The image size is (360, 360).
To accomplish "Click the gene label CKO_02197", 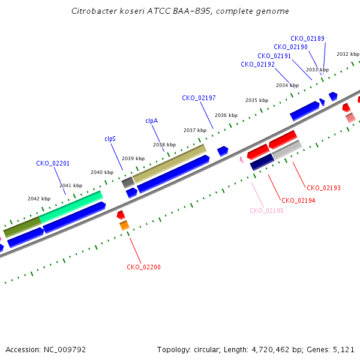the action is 199,98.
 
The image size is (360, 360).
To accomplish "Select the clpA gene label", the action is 152,121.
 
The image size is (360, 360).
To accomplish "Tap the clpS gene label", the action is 110,139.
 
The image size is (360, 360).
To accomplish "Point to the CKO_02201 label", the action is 53,163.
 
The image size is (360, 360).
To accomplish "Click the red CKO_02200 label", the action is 144,267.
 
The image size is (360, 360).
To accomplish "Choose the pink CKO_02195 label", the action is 266,211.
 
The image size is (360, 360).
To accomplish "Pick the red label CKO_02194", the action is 298,200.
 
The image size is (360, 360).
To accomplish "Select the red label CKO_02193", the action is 324,188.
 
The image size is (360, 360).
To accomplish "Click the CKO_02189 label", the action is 307,38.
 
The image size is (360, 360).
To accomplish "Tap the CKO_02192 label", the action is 257,64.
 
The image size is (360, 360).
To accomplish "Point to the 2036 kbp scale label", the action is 226,115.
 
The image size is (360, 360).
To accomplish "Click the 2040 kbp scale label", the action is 102,172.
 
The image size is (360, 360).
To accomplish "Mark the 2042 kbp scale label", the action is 39,199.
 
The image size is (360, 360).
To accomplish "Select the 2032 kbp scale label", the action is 348,54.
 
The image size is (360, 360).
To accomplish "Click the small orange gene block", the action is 124,225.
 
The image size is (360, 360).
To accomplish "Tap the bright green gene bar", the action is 71,207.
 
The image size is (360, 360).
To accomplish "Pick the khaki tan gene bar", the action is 170,163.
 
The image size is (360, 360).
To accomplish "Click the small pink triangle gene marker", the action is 242,160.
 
